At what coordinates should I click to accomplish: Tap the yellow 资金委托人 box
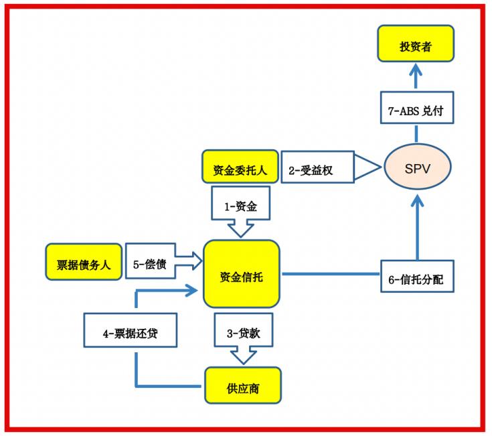tap(240, 169)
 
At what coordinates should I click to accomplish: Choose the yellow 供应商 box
tap(242, 386)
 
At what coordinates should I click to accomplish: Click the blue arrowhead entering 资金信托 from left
tap(194, 291)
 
